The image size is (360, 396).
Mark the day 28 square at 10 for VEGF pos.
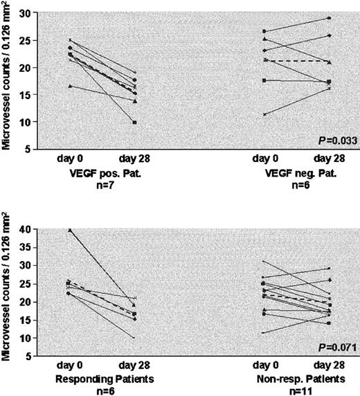[x=134, y=122]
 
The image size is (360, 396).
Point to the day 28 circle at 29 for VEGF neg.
[x=328, y=18]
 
